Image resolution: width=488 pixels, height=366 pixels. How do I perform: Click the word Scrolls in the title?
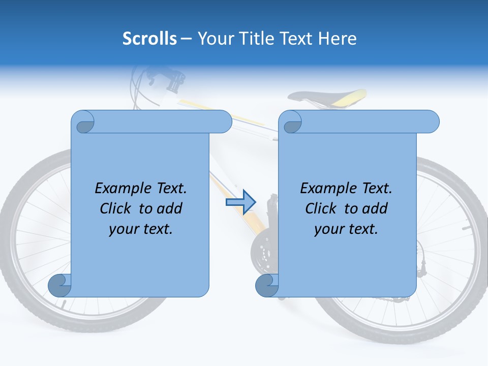coord(149,39)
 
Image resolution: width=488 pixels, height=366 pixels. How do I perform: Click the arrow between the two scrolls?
coord(240,202)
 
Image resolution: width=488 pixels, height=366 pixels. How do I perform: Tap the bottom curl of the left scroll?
coord(59,285)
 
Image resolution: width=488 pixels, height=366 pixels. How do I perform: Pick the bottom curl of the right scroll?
coord(267,285)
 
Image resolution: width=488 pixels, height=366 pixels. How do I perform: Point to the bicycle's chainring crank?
coord(264,252)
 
